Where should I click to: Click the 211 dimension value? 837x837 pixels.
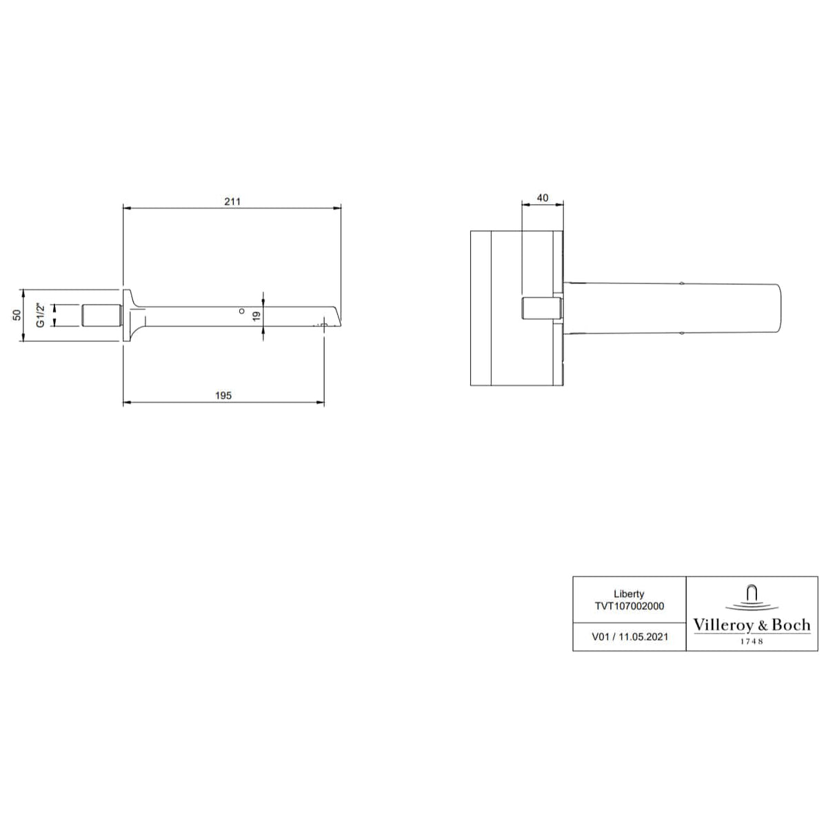tap(232, 201)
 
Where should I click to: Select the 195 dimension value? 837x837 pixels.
tap(223, 396)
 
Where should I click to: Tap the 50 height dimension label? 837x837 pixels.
tap(17, 315)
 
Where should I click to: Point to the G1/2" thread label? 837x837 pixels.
tap(41, 315)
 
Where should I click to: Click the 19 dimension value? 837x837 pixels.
tap(256, 315)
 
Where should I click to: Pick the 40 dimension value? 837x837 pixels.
tap(542, 198)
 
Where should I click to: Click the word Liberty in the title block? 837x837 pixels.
tap(629, 594)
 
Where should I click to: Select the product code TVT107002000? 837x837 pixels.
tap(629, 606)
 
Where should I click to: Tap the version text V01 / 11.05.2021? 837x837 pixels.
tap(629, 637)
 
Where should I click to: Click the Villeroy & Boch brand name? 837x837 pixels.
tap(752, 625)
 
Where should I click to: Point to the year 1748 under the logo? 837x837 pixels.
tap(752, 641)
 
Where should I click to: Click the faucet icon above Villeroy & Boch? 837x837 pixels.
tap(752, 596)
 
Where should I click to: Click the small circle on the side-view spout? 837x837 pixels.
tap(241, 312)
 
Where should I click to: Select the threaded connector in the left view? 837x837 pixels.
tap(102, 315)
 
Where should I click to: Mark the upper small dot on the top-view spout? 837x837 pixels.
tap(681, 283)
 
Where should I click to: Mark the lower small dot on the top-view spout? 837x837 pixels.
tap(681, 333)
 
